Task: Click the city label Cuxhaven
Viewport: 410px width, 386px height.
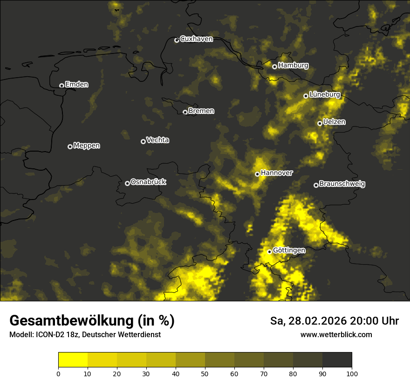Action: point(196,39)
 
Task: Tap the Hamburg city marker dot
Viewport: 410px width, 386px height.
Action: point(274,67)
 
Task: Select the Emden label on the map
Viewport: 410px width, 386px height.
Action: point(76,85)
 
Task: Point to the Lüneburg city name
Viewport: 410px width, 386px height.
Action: point(325,95)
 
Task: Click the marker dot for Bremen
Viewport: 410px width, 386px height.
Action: point(185,112)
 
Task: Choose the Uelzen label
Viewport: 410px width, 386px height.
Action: point(334,122)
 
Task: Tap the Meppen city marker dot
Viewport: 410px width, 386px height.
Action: point(70,146)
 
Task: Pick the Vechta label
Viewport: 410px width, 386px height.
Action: point(157,140)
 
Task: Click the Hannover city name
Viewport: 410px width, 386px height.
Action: point(277,173)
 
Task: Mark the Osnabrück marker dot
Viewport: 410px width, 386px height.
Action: point(127,183)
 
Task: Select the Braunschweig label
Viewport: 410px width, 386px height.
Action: point(342,184)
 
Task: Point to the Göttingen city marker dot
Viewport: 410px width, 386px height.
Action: point(269,252)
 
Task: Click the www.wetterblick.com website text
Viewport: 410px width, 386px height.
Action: point(336,334)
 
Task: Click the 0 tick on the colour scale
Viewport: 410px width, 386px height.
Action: point(58,373)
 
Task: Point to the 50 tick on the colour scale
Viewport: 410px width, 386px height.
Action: point(205,373)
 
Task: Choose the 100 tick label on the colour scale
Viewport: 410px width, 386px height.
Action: point(352,373)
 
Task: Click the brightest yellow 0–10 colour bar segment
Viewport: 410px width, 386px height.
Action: point(73,359)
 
